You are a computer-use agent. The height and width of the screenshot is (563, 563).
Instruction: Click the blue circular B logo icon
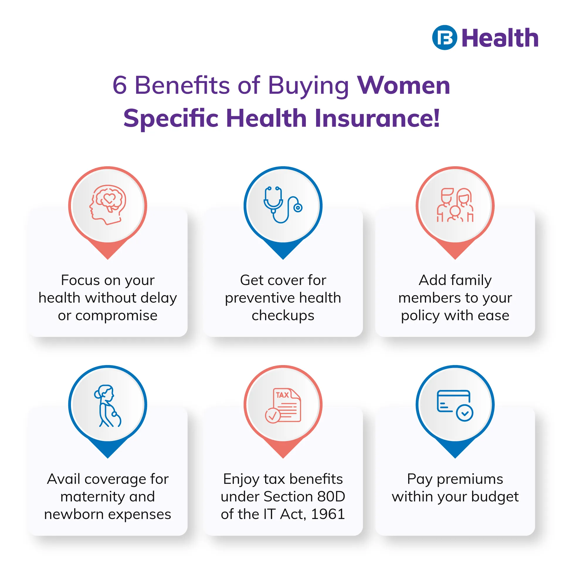(445, 38)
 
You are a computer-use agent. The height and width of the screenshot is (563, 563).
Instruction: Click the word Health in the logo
(500, 38)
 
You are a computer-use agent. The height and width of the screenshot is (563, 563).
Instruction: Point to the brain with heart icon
(108, 205)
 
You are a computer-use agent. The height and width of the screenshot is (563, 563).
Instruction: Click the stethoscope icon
(283, 205)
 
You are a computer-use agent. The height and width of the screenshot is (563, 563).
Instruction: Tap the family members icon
(455, 205)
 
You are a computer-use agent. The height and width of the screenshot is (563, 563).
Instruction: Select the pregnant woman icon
(107, 406)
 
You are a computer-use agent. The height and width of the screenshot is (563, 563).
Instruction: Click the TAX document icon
(283, 406)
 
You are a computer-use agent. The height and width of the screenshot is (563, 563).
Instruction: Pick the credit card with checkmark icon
(455, 406)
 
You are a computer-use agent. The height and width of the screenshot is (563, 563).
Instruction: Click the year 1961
(328, 514)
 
